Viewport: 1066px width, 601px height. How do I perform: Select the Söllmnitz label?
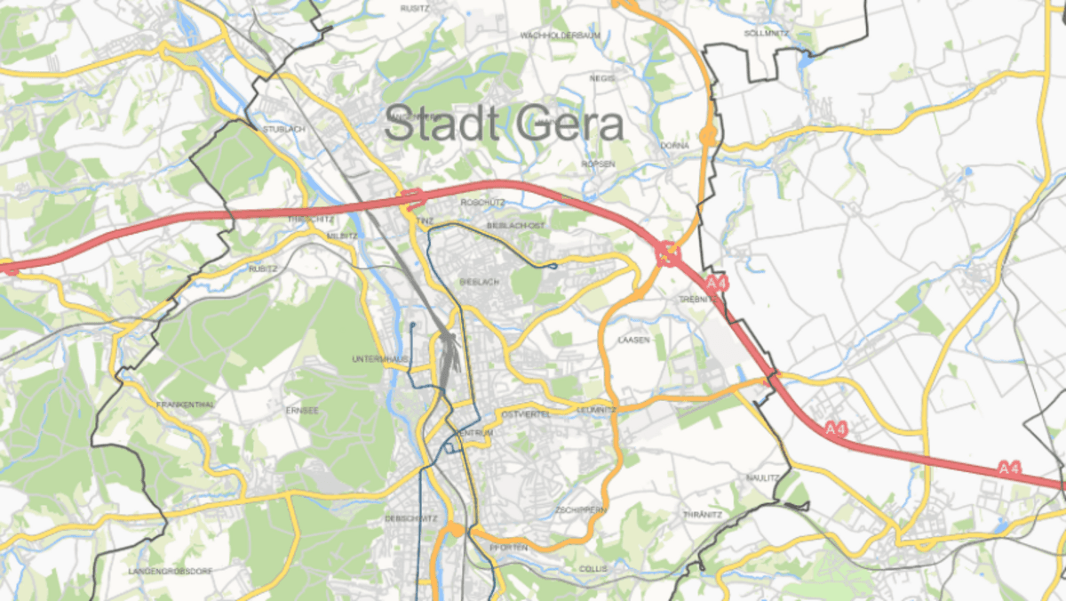point(766,33)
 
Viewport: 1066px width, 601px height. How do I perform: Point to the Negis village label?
point(601,78)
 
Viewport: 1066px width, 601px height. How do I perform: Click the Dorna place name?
point(674,145)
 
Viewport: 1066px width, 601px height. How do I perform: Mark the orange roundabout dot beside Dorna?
point(708,136)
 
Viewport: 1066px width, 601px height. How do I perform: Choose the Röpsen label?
point(597,164)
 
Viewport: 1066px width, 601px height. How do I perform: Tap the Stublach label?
point(283,130)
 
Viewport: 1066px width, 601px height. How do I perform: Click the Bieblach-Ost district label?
point(515,226)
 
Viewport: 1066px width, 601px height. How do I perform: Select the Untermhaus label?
point(379,358)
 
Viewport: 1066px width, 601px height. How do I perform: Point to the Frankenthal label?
point(186,405)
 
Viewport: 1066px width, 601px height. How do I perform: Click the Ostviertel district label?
point(526,414)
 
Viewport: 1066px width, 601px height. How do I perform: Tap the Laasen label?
point(634,340)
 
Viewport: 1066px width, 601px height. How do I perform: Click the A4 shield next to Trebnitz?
point(716,284)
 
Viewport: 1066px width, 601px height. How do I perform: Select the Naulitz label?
point(762,477)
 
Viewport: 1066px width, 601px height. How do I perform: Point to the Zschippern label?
point(581,509)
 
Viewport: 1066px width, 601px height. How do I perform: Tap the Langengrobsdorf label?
point(171,570)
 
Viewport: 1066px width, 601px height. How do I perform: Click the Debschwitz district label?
point(410,518)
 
